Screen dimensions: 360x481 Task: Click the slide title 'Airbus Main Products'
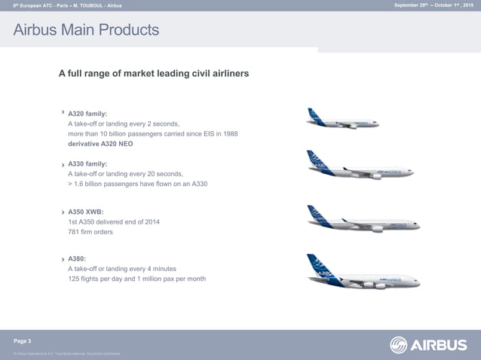[86, 31]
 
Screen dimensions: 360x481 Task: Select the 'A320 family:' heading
[92, 114]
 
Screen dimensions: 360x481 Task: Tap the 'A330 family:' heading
[92, 163]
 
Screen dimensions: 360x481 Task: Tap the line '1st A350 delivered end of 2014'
[113, 221]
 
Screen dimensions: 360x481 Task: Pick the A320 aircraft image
[342, 119]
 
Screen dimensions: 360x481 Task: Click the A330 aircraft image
[363, 166]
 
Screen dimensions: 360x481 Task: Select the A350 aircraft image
[363, 219]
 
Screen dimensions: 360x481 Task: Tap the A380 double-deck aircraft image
[363, 273]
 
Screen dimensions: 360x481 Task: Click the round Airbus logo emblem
[399, 345]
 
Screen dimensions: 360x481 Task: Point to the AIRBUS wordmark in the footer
[439, 346]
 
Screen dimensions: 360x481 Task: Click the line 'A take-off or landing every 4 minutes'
[121, 269]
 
